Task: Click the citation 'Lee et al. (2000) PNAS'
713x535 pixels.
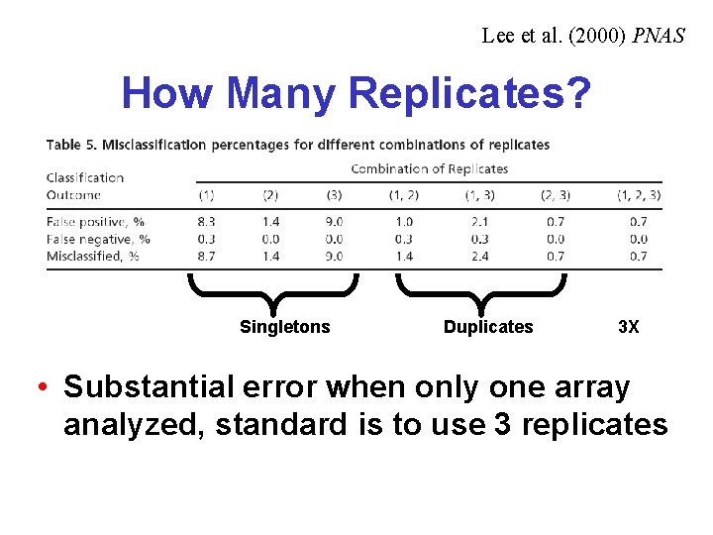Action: tap(583, 37)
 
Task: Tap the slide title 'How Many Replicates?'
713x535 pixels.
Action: tap(356, 94)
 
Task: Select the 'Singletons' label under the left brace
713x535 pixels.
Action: tap(285, 327)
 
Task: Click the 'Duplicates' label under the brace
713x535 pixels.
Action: tap(488, 327)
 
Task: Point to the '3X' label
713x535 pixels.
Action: tap(629, 327)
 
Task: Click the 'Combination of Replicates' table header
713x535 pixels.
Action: tap(429, 168)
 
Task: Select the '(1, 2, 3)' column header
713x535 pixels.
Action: tap(639, 195)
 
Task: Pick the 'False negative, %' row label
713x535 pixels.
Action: tap(98, 239)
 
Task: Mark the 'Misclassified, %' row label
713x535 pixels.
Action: tap(95, 256)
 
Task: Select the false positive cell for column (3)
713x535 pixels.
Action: tap(334, 222)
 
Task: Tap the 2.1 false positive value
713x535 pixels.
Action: tap(479, 222)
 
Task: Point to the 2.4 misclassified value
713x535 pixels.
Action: tap(479, 256)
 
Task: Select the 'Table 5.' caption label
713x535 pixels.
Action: tap(71, 145)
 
